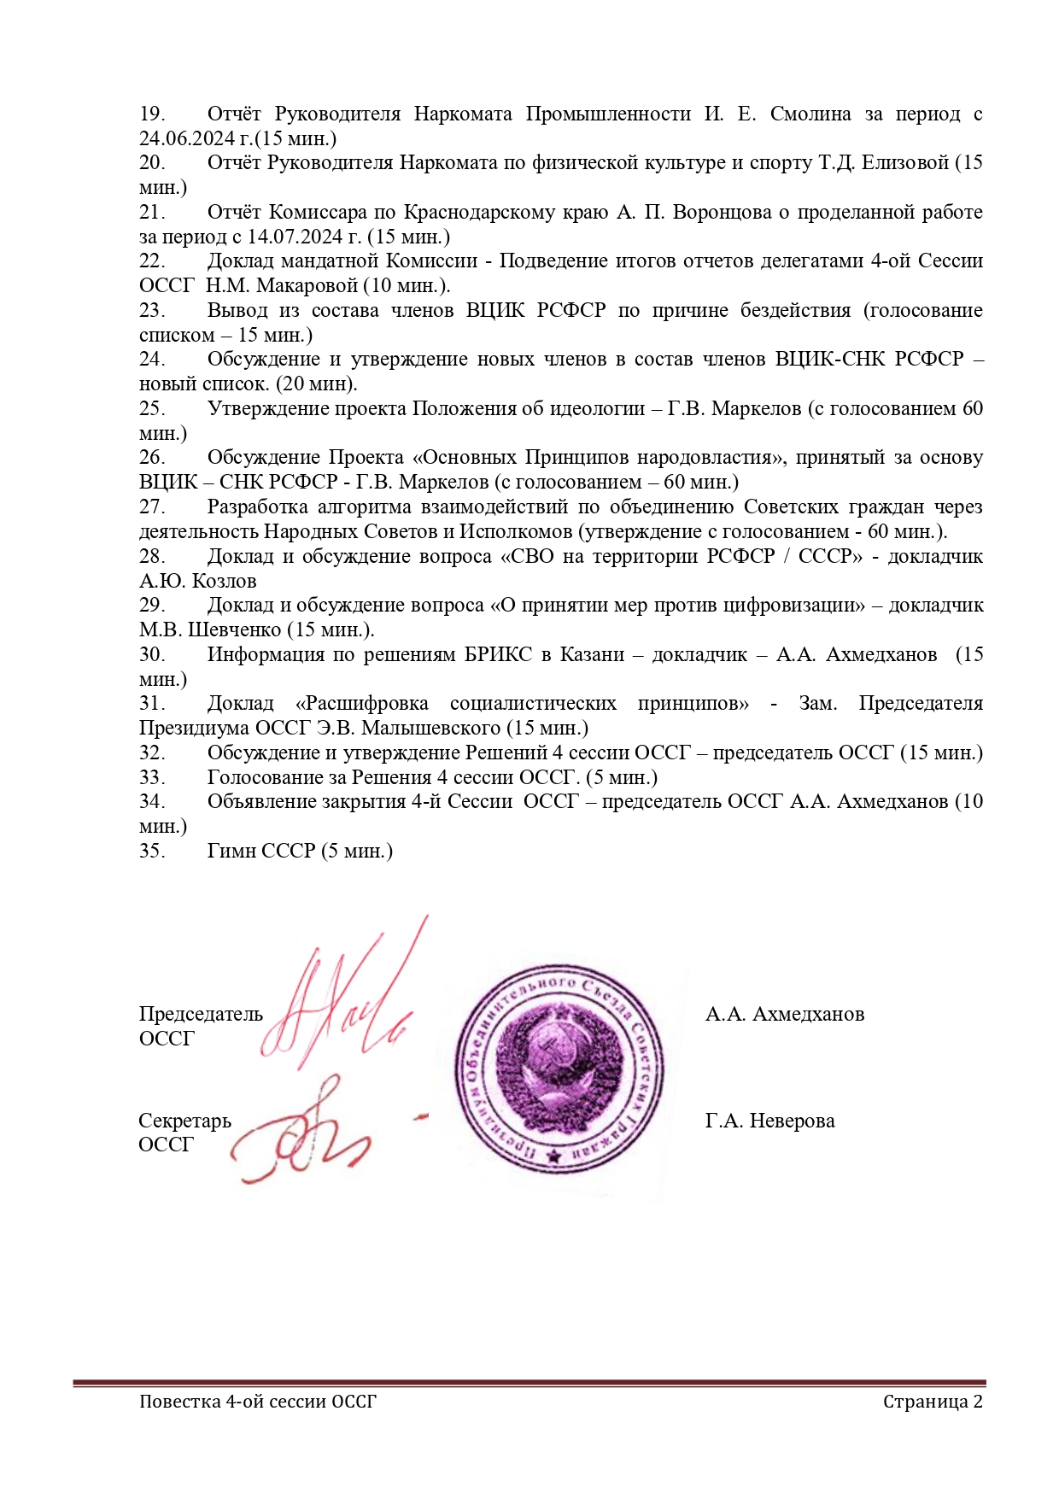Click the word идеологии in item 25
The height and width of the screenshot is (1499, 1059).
pyautogui.click(x=594, y=408)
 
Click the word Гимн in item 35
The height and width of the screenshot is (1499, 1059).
pyautogui.click(x=231, y=852)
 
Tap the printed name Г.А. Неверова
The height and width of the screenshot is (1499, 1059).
pyautogui.click(x=769, y=1121)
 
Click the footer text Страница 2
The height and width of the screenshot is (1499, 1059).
pyautogui.click(x=933, y=1402)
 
